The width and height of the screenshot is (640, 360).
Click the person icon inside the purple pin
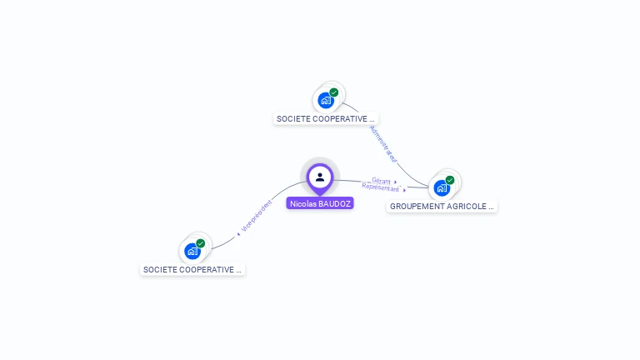tap(320, 177)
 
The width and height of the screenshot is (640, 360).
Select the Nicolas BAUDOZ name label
tap(320, 202)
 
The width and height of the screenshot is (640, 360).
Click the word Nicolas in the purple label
tap(302, 202)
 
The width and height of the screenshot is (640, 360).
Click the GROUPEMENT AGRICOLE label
tap(442, 206)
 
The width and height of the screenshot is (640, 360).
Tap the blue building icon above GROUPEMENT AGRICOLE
tap(441, 187)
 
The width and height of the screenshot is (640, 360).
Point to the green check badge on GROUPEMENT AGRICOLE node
tap(450, 180)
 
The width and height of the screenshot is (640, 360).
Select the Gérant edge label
tap(382, 181)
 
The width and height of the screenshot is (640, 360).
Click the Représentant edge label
tap(380, 187)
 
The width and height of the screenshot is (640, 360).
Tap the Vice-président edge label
tap(257, 216)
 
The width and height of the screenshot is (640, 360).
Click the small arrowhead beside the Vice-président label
tap(238, 234)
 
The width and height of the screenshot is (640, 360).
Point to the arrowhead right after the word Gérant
tap(396, 182)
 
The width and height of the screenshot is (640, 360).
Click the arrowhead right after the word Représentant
tap(404, 191)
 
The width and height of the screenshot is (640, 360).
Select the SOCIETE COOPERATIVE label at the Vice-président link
tap(192, 270)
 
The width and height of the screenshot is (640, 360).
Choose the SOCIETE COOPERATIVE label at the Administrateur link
tap(326, 119)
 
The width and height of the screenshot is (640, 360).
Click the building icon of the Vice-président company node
tap(192, 251)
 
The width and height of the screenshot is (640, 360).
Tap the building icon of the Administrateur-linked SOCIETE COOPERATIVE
tap(325, 101)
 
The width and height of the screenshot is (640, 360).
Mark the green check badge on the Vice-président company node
tap(201, 243)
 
